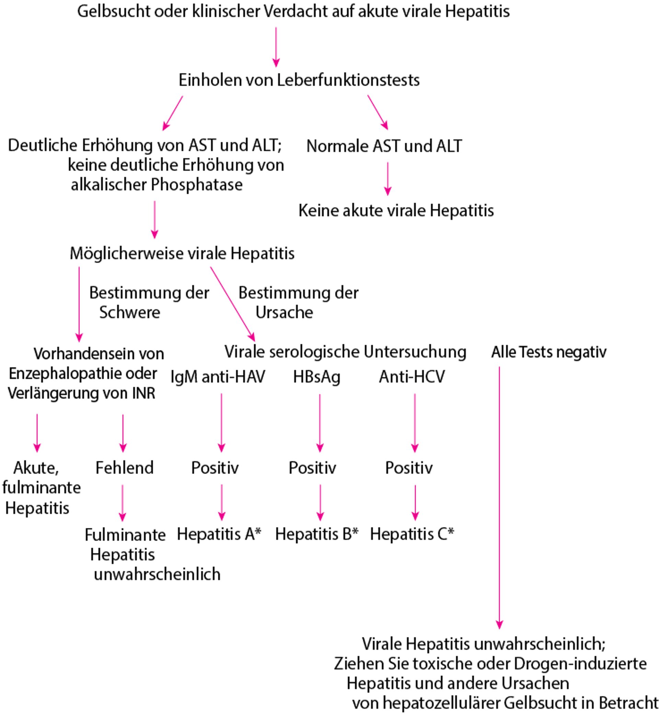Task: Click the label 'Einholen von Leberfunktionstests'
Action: point(299,80)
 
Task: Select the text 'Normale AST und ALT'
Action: point(384,146)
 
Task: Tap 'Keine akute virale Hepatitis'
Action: point(396,210)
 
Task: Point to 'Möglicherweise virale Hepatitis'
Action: point(182,254)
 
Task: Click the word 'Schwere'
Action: point(129,312)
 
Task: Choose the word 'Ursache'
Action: point(284,312)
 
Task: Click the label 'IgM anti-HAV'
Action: point(218,376)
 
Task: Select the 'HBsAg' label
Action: point(317,377)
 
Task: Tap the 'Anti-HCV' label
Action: point(412,376)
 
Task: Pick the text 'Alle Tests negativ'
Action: point(549,352)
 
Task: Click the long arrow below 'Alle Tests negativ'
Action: point(499,499)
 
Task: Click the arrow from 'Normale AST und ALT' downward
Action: point(388,178)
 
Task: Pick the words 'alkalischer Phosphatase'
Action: point(157,185)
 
